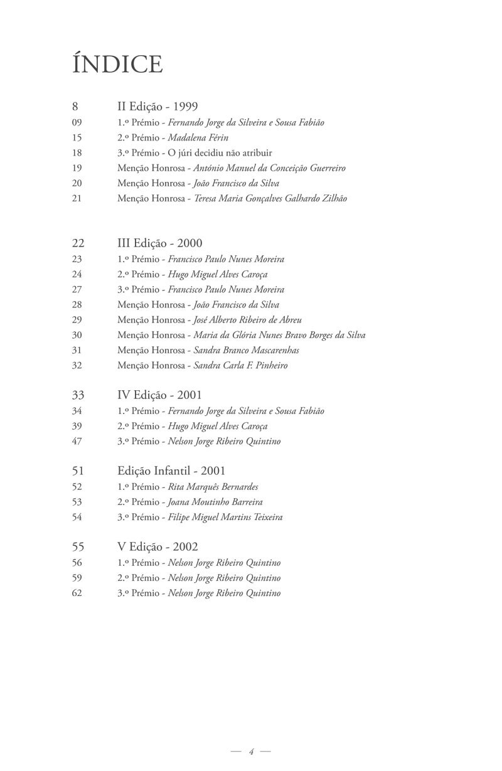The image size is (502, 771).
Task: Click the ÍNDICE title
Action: coord(117,64)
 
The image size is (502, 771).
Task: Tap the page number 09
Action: coord(77,123)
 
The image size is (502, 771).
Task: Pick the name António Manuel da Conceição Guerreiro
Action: coord(269,168)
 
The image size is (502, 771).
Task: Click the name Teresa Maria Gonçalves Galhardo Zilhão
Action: coord(270,198)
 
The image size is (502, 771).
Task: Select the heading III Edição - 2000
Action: coord(159,243)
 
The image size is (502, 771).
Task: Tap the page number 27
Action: coord(77,289)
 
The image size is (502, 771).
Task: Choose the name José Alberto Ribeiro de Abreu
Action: coord(247,320)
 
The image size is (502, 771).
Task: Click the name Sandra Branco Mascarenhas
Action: coord(246,350)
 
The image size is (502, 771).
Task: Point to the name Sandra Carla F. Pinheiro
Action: coord(240,365)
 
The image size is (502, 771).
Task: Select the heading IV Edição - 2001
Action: coord(159,395)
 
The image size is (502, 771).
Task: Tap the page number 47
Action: coord(77,441)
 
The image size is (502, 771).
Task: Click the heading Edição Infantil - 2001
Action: coord(171,471)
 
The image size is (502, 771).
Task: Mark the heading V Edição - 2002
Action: coord(158,547)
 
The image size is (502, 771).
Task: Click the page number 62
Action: coord(77,593)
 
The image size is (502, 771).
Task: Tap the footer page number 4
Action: coord(250,752)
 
